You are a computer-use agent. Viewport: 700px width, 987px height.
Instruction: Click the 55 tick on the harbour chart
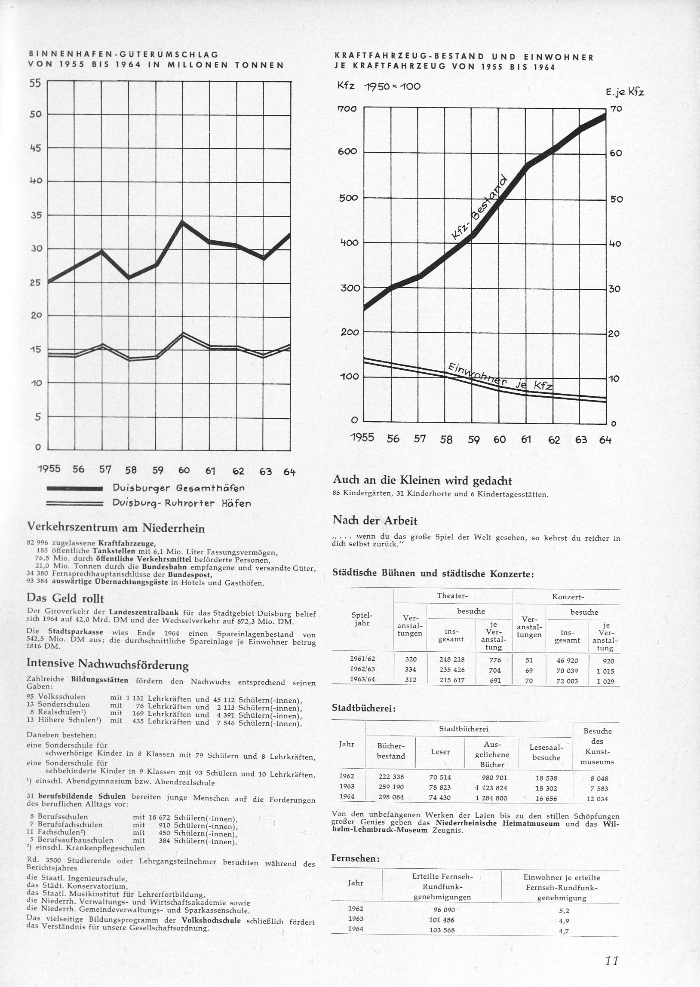35,83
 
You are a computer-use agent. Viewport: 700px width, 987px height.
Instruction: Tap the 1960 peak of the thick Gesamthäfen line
182,222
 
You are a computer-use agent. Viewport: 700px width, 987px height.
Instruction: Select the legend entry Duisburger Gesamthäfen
178,488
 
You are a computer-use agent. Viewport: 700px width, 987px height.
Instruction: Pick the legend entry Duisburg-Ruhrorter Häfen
181,503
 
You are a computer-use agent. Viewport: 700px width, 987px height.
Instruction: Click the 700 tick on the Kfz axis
348,109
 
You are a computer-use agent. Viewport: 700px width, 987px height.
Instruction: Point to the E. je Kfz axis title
625,92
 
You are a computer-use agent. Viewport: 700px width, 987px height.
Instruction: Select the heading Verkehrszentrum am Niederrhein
116,528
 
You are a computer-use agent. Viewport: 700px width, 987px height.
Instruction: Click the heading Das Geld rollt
65,598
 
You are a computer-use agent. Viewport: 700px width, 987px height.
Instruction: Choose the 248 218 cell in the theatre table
452,659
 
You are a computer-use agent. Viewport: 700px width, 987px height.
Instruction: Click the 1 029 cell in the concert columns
605,681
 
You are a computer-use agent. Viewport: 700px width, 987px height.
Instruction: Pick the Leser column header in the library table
440,752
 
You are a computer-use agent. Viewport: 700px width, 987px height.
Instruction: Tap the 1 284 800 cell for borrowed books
491,798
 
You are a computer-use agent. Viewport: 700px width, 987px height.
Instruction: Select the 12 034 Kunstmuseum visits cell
597,799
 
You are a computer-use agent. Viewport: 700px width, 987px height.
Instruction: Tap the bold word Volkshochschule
211,921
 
